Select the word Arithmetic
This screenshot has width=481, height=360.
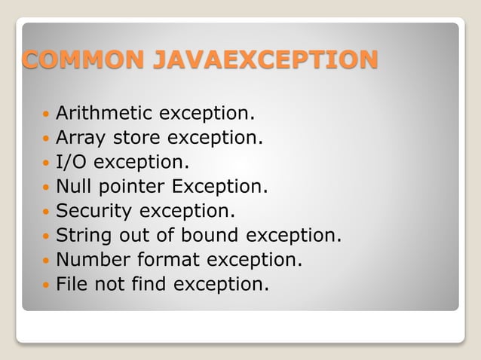point(105,114)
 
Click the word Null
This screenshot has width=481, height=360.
point(75,186)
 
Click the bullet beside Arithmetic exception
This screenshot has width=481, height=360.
point(46,115)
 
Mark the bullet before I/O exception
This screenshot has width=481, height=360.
point(46,163)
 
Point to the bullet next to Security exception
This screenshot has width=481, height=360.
point(46,212)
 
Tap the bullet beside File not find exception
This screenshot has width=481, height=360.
point(46,285)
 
